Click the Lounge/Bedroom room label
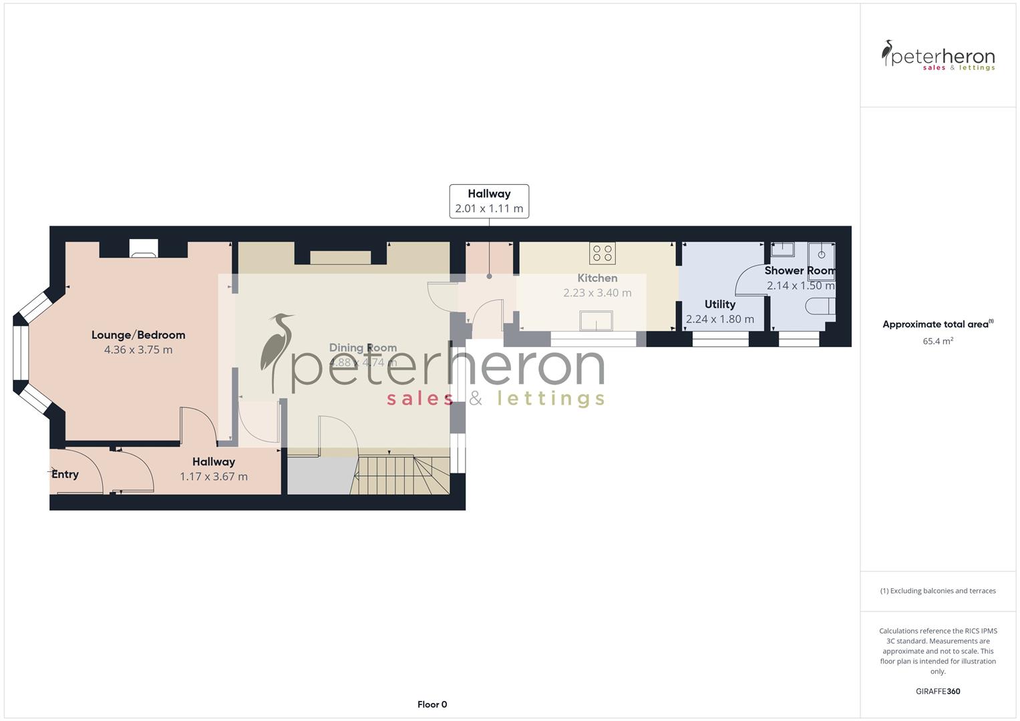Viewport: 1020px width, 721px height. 138,335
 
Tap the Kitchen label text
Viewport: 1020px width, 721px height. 597,278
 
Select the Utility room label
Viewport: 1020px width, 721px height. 719,304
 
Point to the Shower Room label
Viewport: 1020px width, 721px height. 800,270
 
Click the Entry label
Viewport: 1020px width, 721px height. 65,475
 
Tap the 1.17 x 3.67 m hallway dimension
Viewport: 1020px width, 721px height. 214,477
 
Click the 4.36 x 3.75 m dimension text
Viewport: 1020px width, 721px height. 138,350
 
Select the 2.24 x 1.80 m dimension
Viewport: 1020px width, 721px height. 719,319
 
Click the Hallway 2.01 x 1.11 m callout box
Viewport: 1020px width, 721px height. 489,201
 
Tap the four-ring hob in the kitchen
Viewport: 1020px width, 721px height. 602,253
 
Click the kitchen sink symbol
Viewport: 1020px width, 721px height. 596,321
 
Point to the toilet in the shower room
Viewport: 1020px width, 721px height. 820,306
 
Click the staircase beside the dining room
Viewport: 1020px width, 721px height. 401,474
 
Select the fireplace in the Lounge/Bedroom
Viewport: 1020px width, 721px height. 144,248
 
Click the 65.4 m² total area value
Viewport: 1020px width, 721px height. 938,341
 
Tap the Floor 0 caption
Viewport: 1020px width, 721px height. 432,704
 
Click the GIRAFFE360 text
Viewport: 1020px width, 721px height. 938,692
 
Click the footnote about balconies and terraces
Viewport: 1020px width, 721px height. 938,591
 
